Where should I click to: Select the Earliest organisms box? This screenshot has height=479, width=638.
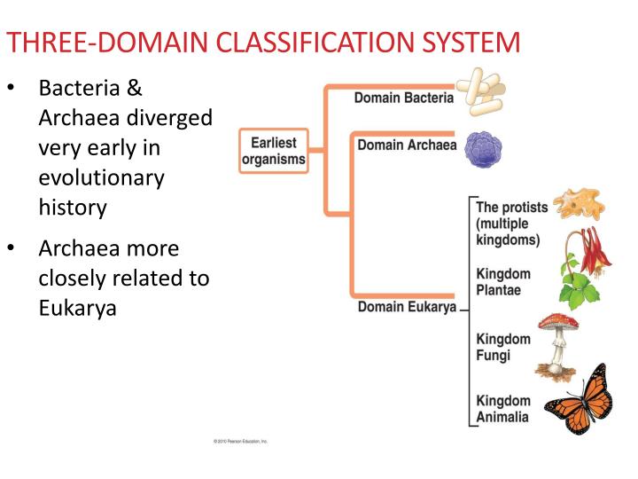[x=273, y=151]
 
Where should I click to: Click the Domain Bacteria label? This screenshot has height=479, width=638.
[x=403, y=98]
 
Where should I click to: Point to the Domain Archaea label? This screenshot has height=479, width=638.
[x=406, y=145]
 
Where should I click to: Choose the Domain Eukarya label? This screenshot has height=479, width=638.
[x=407, y=308]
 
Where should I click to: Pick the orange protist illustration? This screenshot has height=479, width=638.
[x=575, y=205]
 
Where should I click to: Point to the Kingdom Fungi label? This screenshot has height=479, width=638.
[x=503, y=347]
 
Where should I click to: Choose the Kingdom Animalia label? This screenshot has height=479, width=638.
[x=503, y=409]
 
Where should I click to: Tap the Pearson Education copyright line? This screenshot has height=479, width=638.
[x=239, y=441]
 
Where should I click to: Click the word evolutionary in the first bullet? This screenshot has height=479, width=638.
[x=102, y=177]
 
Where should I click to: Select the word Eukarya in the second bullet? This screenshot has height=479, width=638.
[x=78, y=309]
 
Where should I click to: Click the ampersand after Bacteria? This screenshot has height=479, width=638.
[x=134, y=88]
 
